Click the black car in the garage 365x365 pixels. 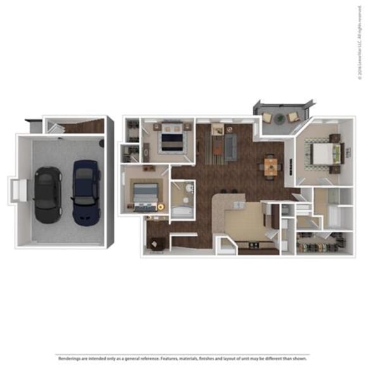[45, 194]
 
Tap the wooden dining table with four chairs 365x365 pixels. [271, 167]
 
